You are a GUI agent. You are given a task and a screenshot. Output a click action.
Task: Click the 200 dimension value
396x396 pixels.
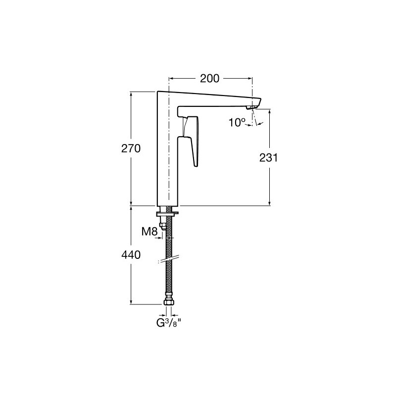[209, 79]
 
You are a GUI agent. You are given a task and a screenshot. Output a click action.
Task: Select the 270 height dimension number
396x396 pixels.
[131, 148]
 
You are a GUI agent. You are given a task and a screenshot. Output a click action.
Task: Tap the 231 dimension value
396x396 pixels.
[268, 158]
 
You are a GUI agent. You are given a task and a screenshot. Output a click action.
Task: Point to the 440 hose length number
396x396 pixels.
[131, 255]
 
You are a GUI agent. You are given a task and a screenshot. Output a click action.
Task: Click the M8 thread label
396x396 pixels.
[149, 231]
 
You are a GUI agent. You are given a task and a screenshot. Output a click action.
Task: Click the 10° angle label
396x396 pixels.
[237, 123]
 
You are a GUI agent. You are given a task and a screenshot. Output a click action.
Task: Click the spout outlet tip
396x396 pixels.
[251, 107]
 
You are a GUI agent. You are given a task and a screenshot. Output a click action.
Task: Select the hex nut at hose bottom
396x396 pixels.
[168, 302]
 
